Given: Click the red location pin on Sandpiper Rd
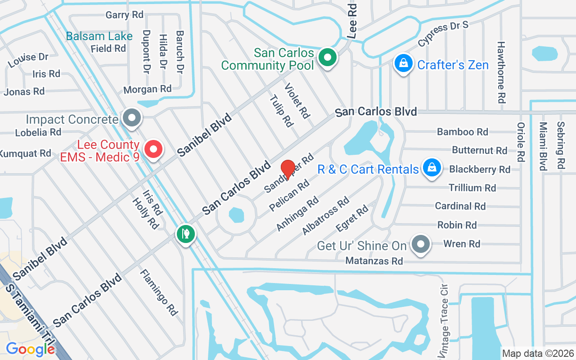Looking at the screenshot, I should pos(288,169).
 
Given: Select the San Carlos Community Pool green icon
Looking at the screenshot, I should pos(328,58).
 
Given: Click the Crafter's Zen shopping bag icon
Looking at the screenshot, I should pos(404,63).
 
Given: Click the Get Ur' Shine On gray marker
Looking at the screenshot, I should pos(421,244).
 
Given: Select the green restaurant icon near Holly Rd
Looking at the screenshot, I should pos(185,234).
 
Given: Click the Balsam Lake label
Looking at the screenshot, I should pos(99,36).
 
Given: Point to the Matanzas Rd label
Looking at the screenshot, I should pos(374,261).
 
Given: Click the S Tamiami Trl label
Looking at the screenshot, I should pos(28,315).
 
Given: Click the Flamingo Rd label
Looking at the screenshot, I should pos(158,292).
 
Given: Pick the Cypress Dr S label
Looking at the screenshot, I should pos(443,33).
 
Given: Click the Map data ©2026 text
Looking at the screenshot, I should pos(538,353).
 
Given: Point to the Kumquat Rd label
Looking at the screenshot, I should pos(25,153).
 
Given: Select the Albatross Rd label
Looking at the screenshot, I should pos(325,216).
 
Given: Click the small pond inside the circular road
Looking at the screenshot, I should pos(236,215).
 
